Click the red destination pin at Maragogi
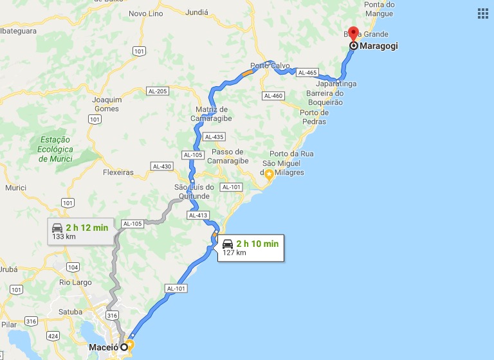pos(353,35)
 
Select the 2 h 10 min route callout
pos(250,247)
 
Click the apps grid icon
pos(483,14)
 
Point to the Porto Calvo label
pos(270,66)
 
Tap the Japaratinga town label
pos(336,84)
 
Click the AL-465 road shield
pos(307,73)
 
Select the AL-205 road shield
pos(157,91)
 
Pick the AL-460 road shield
pos(273,96)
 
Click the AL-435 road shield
pos(214,137)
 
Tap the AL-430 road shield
pos(162,166)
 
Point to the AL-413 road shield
pos(198,215)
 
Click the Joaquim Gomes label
pos(107,104)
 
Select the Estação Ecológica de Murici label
pos(56,149)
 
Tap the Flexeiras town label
pos(118,172)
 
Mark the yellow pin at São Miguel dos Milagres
pos(269,174)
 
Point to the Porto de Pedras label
pos(313,117)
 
